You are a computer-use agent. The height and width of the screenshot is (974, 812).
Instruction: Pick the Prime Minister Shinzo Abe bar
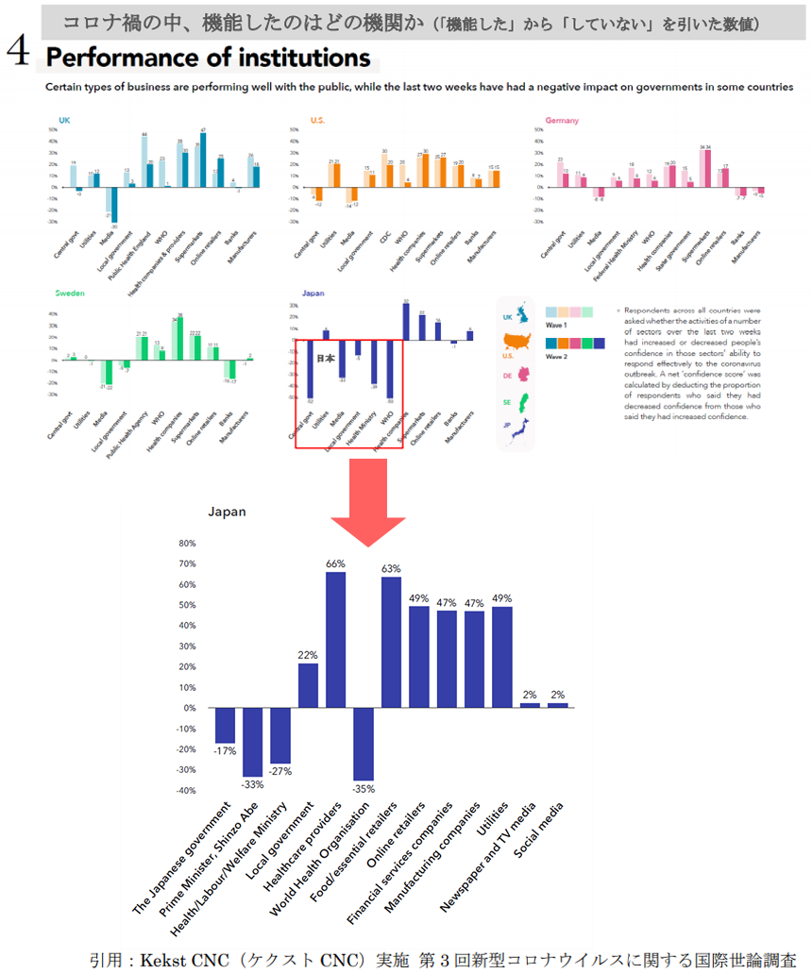pos(252,742)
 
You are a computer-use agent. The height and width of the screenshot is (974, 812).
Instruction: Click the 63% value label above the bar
pos(391,569)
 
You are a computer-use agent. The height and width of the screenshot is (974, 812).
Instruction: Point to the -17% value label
pos(225,751)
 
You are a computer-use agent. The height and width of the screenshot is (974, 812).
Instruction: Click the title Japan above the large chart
pos(228,512)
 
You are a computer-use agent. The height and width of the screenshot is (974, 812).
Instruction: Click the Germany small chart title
pos(562,121)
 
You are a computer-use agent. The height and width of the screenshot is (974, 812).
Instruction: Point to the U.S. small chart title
pos(317,121)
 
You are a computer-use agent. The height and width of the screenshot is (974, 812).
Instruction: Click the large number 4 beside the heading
pos(18,55)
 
